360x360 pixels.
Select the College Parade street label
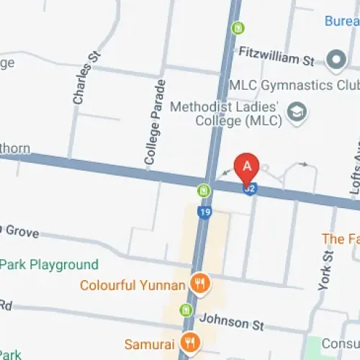156,123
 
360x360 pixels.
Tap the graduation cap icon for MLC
294,112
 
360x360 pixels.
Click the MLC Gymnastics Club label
294,85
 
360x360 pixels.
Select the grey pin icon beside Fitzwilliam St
336,59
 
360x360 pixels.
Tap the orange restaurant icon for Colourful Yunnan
199,284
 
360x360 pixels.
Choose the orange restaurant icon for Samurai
191,341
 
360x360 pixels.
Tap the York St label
326,269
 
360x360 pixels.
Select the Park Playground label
49,264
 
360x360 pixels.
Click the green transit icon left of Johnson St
186,310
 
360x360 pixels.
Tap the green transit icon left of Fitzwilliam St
237,29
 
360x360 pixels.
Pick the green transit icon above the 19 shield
204,191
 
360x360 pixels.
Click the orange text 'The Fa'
340,238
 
